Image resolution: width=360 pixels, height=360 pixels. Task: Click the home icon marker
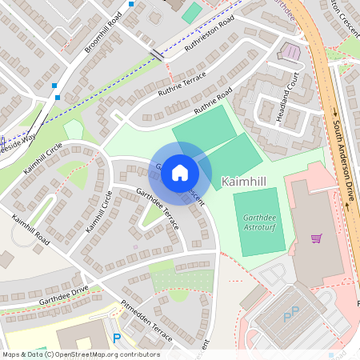pos(180,172)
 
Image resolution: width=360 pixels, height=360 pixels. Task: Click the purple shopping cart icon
pos(316,238)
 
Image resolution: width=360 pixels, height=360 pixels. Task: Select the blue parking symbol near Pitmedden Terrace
pos(117,338)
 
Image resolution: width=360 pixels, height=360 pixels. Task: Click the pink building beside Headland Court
pos(290,52)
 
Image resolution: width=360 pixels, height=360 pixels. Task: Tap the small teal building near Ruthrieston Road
pos(192,12)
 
